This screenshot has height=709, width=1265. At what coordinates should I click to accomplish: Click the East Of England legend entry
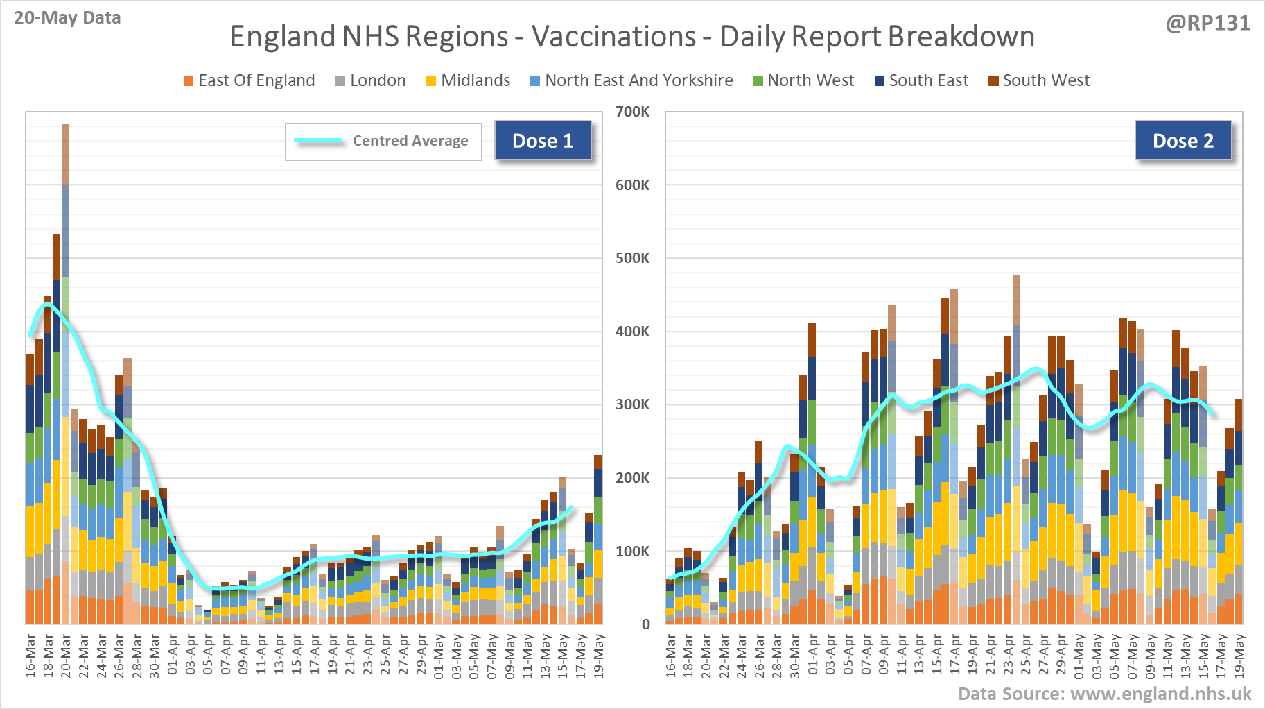(249, 80)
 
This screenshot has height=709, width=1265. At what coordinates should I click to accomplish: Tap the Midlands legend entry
(468, 80)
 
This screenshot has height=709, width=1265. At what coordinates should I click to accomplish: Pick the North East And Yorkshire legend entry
(631, 80)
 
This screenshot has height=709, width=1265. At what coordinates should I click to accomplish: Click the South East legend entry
(921, 80)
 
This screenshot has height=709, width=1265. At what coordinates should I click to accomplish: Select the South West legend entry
(1039, 80)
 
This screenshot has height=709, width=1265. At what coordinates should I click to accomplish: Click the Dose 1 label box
(543, 141)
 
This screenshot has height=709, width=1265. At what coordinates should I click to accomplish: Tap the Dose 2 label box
(1183, 141)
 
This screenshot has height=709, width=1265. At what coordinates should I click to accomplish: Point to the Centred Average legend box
(383, 142)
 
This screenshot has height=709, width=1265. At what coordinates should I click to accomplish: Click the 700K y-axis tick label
(632, 112)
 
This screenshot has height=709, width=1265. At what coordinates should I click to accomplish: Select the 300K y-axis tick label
(632, 404)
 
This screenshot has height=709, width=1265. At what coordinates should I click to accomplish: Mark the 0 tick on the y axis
(645, 624)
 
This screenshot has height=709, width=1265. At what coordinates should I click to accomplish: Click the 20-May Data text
(67, 17)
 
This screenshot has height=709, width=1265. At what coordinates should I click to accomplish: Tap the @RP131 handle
(1207, 23)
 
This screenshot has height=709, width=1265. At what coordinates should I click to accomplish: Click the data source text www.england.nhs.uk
(1105, 694)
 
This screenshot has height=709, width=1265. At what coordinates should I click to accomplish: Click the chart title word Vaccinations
(613, 37)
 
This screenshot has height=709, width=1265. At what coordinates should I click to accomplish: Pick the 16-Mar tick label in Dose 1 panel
(30, 655)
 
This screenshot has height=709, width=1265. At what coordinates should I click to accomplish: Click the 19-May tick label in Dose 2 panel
(1239, 655)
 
